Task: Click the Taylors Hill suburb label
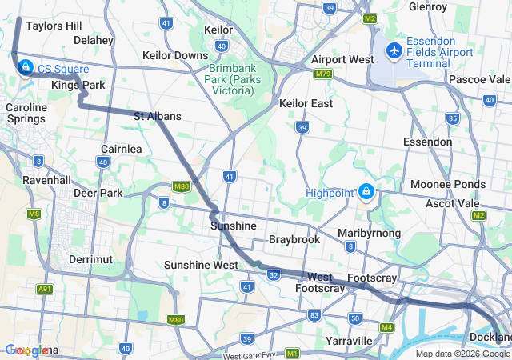click(x=54, y=26)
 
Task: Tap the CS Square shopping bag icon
click(x=26, y=67)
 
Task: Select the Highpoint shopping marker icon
click(x=366, y=192)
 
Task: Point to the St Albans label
click(x=157, y=116)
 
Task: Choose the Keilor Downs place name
click(x=174, y=55)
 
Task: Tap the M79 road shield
click(x=323, y=74)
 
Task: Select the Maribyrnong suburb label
click(x=369, y=233)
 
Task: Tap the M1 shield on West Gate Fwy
click(x=293, y=353)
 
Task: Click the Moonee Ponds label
click(x=447, y=184)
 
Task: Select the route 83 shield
click(x=314, y=315)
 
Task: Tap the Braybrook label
click(x=294, y=239)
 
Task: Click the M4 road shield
click(x=387, y=327)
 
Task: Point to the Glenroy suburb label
click(x=427, y=6)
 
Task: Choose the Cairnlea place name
click(x=122, y=149)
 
